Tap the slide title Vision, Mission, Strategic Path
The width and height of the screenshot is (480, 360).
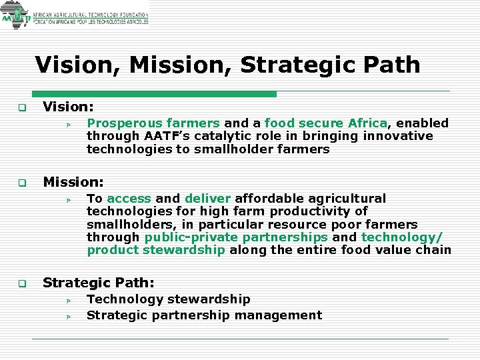227,65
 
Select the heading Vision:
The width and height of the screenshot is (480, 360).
68,107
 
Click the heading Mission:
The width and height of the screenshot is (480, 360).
73,181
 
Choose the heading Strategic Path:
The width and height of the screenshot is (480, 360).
99,283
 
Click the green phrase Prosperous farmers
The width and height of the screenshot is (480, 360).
153,123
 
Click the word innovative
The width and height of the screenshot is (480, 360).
398,136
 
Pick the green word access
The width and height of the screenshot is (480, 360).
129,199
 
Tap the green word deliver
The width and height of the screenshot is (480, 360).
207,199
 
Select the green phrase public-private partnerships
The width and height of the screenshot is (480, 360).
236,237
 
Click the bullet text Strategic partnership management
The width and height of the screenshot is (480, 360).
204,315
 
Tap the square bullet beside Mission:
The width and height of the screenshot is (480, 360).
21,182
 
